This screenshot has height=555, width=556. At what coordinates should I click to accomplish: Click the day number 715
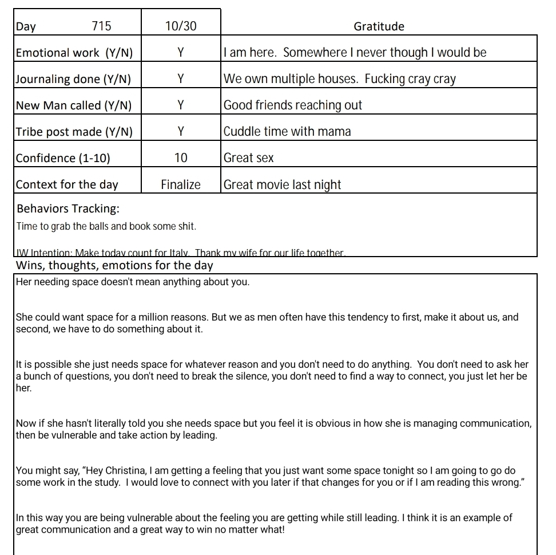[x=101, y=26]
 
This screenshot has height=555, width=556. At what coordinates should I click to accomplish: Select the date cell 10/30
[x=180, y=26]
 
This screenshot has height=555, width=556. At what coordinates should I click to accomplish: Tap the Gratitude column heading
[x=379, y=26]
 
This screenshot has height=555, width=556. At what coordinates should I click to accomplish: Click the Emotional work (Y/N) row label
[x=74, y=53]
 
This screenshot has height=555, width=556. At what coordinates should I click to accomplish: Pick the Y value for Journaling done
[x=180, y=79]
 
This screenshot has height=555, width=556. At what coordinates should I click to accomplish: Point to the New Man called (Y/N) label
[x=74, y=105]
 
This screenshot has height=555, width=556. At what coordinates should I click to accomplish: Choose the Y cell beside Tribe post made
[x=180, y=132]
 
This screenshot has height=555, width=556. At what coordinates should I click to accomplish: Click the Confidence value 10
[x=180, y=158]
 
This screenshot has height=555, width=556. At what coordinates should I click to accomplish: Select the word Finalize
[x=181, y=184]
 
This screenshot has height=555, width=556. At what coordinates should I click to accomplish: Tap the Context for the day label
[x=67, y=184]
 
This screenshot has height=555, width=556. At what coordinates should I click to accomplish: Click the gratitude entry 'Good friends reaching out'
[x=293, y=105]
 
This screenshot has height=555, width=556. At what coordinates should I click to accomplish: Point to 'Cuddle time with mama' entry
[x=287, y=132]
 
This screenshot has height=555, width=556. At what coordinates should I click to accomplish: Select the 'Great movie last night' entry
[x=282, y=184]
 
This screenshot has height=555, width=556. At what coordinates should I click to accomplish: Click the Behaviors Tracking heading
[x=68, y=208]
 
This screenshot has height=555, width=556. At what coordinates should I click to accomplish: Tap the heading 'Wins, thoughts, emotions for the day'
[x=114, y=265]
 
